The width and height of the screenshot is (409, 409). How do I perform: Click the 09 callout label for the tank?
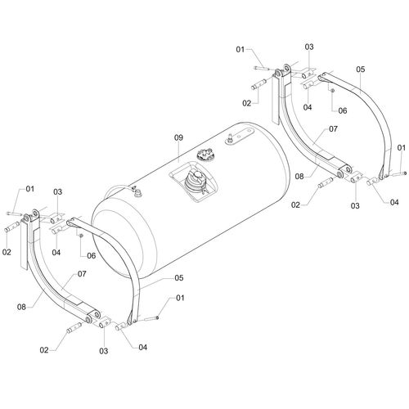click(x=178, y=138)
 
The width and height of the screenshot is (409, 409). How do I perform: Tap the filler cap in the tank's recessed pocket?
click(x=196, y=182)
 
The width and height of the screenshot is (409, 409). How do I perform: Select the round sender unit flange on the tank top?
click(x=204, y=155)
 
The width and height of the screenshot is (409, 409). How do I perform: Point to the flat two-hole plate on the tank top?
click(x=240, y=135)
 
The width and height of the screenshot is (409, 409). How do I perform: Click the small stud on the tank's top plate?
click(x=229, y=137)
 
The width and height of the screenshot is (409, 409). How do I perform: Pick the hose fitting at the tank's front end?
click(x=137, y=192)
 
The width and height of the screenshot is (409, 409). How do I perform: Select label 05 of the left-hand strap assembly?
click(x=179, y=278)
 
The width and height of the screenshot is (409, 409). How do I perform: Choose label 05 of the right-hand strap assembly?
click(x=360, y=70)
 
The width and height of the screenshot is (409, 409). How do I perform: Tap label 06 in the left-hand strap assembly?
click(x=92, y=255)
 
